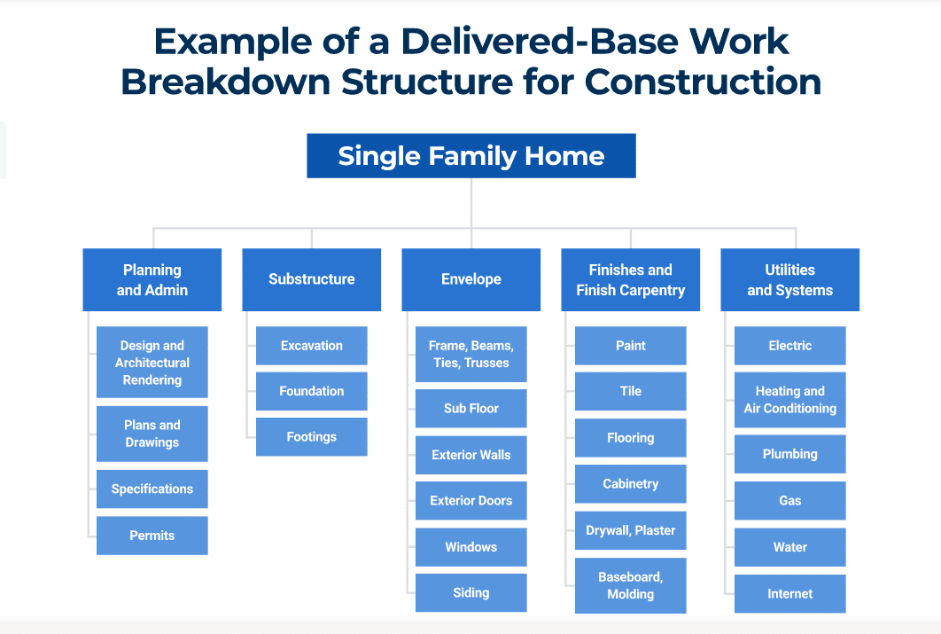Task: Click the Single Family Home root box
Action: pyautogui.click(x=470, y=156)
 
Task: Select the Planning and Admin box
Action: pyautogui.click(x=152, y=279)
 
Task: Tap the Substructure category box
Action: pyautogui.click(x=312, y=279)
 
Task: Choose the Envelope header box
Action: pyautogui.click(x=471, y=279)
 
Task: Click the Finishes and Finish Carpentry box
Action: pyautogui.click(x=630, y=279)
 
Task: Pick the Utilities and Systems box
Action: pyautogui.click(x=789, y=279)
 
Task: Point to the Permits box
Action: pyautogui.click(x=152, y=536)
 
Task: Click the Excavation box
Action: pyautogui.click(x=312, y=346)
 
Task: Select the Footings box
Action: pyautogui.click(x=312, y=437)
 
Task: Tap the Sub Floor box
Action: pyautogui.click(x=471, y=409)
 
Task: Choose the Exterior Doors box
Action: pyautogui.click(x=471, y=501)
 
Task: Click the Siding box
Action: pyautogui.click(x=471, y=593)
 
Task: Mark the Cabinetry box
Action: pyautogui.click(x=630, y=484)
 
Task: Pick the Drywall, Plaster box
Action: pyautogui.click(x=630, y=530)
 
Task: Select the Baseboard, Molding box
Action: pyautogui.click(x=630, y=585)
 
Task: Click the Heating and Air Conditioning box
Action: pyautogui.click(x=789, y=400)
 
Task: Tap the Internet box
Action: pyautogui.click(x=789, y=594)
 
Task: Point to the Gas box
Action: pyautogui.click(x=789, y=501)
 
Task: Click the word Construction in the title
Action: pyautogui.click(x=703, y=82)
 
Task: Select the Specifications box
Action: pyautogui.click(x=152, y=489)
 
